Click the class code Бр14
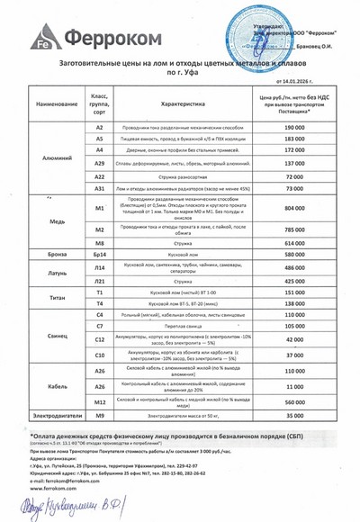[x=100, y=256]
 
